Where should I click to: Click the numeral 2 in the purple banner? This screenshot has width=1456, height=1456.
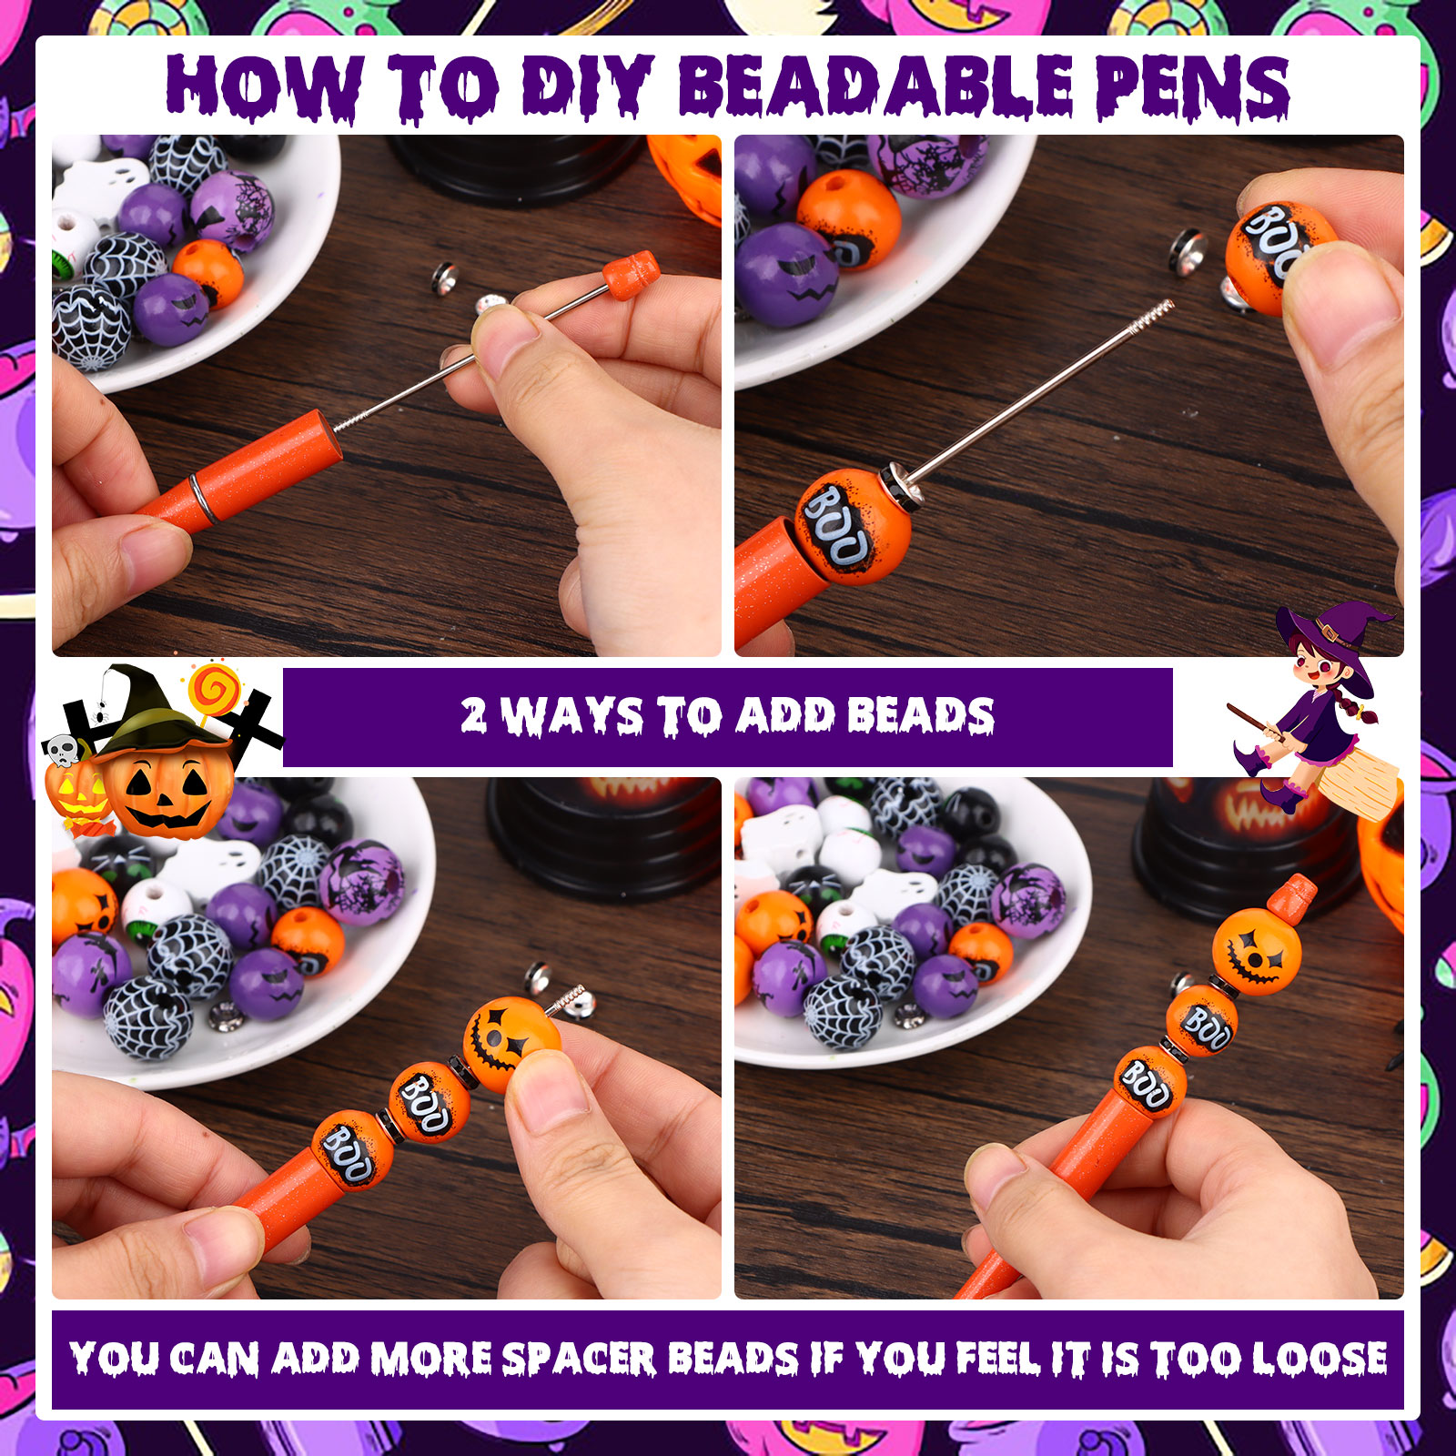[473, 715]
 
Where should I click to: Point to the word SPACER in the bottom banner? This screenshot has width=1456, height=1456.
[579, 1359]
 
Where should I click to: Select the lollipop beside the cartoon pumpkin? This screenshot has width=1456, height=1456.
[213, 689]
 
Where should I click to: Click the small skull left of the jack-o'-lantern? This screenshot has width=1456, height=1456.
[62, 750]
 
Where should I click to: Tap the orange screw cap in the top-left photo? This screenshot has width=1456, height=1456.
[631, 276]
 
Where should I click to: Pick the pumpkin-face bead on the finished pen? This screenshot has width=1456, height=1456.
[1257, 951]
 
